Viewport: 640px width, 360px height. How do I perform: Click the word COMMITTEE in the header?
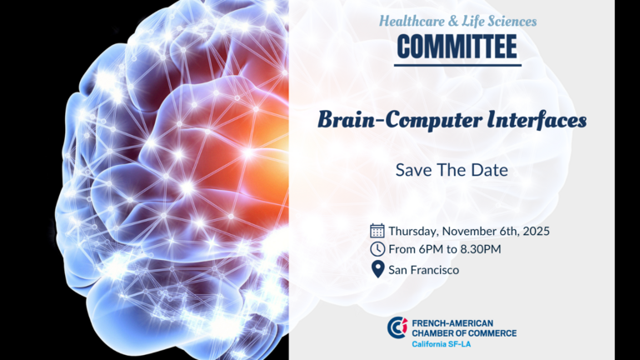457,47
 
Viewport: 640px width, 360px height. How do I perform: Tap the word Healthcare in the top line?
412,21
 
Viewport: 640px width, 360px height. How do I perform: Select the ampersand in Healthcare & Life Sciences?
453,21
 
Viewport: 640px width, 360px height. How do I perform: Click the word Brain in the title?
347,120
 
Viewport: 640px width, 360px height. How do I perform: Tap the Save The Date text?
452,170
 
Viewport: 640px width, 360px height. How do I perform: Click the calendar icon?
377,231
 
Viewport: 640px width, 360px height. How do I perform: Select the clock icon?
377,249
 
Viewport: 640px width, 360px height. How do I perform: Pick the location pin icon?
378,269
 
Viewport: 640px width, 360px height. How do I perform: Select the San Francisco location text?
423,270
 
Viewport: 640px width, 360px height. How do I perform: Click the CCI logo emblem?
397,327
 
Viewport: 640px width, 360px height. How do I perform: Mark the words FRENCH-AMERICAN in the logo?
452,323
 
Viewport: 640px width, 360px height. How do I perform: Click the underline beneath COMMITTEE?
457,65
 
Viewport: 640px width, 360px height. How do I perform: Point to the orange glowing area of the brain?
261,135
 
